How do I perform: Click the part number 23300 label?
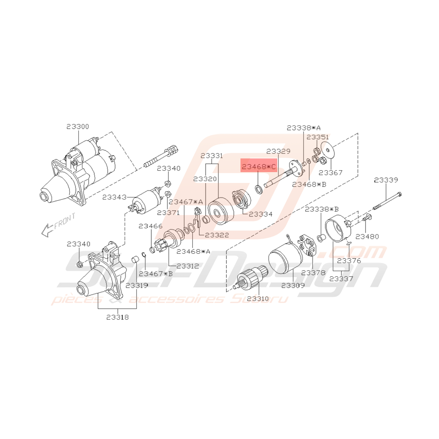coord(77,126)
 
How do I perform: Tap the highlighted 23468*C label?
coord(259,167)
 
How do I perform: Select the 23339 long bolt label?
coord(386,180)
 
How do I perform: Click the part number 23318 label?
coord(117,317)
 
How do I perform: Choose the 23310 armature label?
coord(258,298)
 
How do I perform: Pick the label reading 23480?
coord(367,237)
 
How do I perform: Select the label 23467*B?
coord(156,273)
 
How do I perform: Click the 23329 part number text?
coord(278,151)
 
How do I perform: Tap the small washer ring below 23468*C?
coord(259,189)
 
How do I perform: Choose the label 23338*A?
coord(304,128)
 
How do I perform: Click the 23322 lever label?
coord(217,235)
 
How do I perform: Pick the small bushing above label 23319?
coord(135,259)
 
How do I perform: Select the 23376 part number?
coord(349,261)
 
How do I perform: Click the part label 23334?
coord(260,214)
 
